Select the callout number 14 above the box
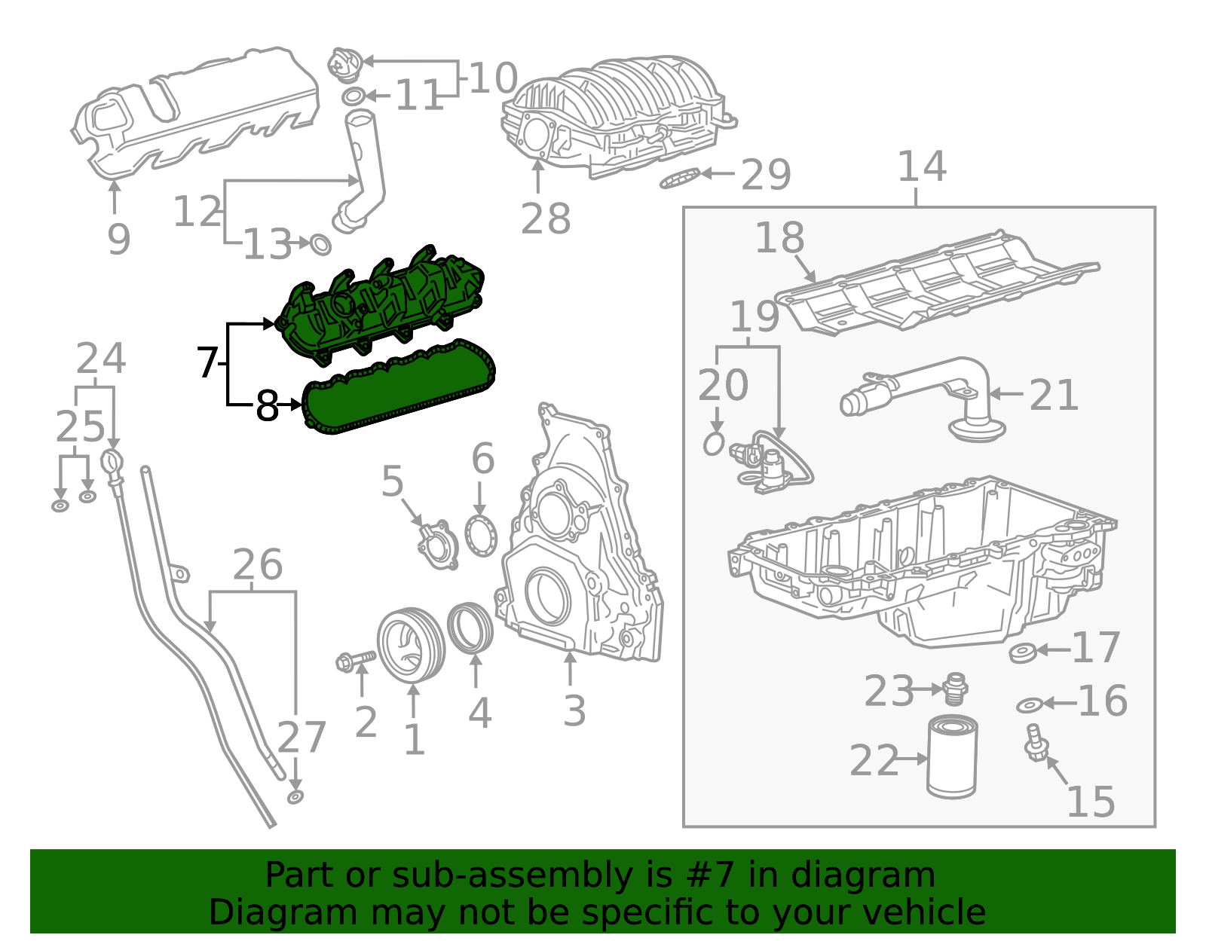[x=921, y=167]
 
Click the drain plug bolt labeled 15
[x=1035, y=741]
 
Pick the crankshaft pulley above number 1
[x=411, y=645]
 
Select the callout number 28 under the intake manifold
[x=545, y=219]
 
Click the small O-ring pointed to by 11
[x=354, y=96]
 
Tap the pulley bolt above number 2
[x=355, y=661]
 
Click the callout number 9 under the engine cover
[x=118, y=239]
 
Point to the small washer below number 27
[x=295, y=797]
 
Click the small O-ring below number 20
[x=713, y=444]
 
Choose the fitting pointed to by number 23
[x=955, y=687]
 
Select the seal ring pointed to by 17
[x=1021, y=652]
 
